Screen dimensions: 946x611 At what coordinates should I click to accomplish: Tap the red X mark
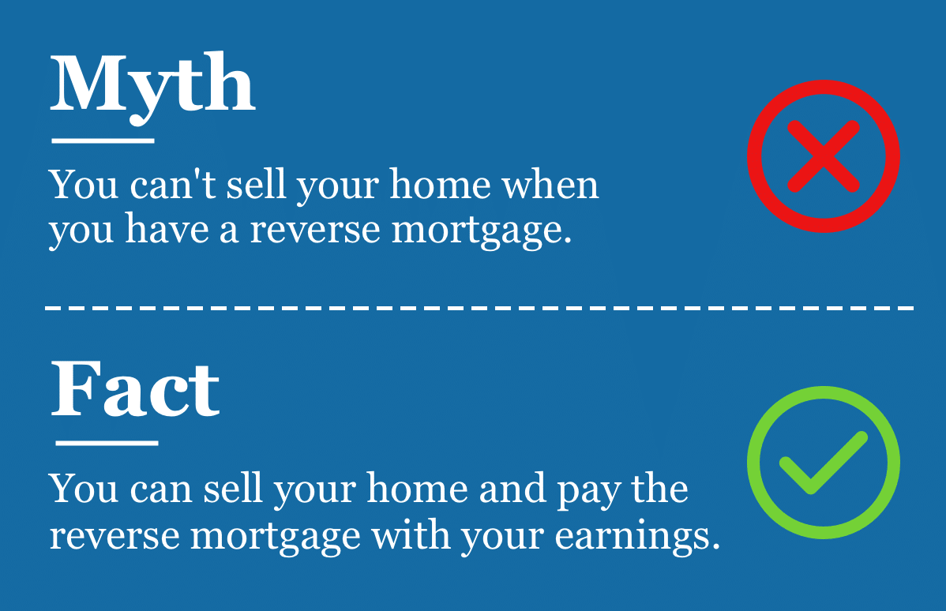pos(823,156)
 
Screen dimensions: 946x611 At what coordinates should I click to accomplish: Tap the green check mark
pos(823,463)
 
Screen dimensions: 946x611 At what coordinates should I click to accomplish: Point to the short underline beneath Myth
pos(103,141)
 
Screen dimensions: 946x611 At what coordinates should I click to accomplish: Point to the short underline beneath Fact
pos(107,443)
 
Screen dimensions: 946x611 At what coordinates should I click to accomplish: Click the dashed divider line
pos(479,308)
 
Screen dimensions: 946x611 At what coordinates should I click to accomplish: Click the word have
pos(167,230)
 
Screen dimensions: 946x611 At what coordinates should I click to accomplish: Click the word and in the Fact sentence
pos(512,489)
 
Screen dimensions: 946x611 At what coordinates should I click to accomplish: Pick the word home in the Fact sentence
pos(417,489)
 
